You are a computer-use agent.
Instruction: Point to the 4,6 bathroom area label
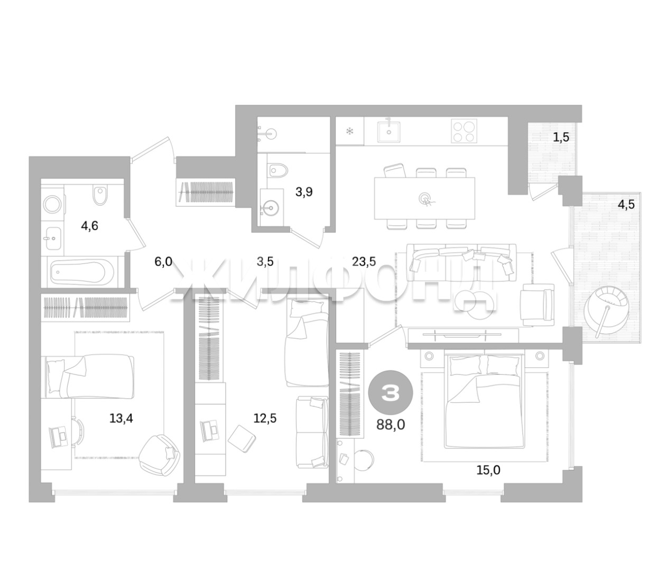[x=89, y=226]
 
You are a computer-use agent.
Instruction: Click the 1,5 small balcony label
[x=561, y=137]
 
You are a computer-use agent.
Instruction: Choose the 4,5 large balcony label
[x=626, y=204]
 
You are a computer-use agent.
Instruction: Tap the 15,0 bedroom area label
[x=488, y=470]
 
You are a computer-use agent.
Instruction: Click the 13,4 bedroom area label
[x=121, y=418]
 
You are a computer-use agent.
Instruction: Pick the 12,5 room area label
[x=265, y=418]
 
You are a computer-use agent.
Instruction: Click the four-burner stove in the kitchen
[x=464, y=131]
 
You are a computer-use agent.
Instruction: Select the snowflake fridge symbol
[x=349, y=131]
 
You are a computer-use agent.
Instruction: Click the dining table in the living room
[x=424, y=198]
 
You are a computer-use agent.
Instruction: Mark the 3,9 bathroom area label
[x=304, y=192]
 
